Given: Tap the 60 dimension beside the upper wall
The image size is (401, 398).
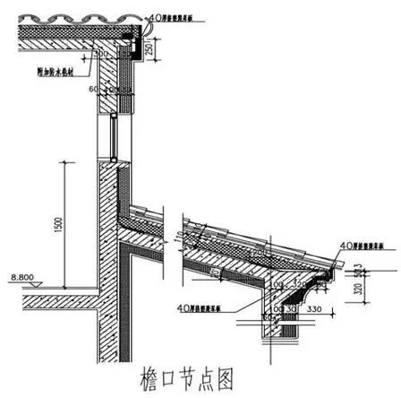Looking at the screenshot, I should click(91, 89).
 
